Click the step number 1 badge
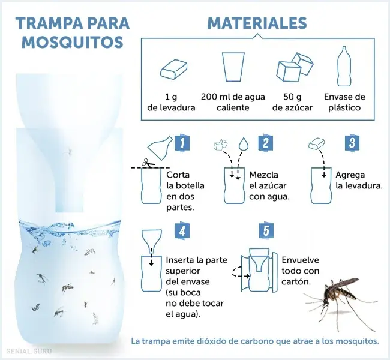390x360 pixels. point(182,143)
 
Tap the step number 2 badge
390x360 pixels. point(265,143)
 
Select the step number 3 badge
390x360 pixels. point(352,143)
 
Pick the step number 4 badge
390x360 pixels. point(182,231)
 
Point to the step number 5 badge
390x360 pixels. point(266,231)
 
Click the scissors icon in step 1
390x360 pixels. point(148,163)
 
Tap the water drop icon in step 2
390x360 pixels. point(244,143)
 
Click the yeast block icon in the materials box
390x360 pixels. point(173,70)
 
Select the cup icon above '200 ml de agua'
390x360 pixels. point(233,67)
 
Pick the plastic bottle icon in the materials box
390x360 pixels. point(344,66)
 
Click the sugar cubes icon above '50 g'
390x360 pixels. point(295,67)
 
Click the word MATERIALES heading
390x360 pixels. point(257,23)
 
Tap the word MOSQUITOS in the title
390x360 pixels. point(73,42)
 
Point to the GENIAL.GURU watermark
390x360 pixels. point(29,351)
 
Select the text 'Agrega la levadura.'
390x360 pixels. point(359,181)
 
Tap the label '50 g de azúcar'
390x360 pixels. point(292,102)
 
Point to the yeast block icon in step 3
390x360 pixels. point(317,144)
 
